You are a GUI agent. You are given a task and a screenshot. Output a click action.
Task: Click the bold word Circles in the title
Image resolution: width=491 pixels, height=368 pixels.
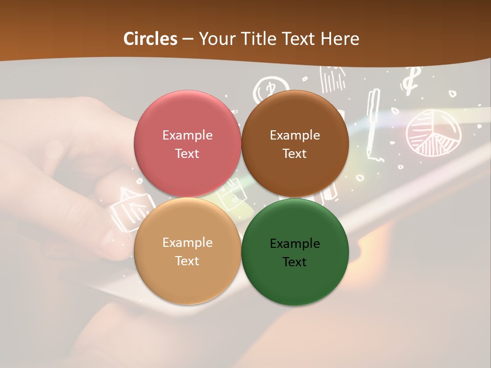[150, 39]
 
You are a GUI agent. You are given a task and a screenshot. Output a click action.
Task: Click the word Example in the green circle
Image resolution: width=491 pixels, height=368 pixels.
[295, 244]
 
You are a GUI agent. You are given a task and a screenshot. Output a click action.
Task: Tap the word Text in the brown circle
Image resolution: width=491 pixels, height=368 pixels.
[295, 154]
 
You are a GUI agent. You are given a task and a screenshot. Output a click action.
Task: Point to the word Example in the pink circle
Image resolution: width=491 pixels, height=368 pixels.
[187, 135]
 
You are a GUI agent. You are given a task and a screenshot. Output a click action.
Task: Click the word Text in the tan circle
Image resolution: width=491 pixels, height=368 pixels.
[187, 261]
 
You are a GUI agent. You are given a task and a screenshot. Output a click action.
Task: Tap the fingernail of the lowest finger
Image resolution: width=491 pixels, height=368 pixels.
[109, 245]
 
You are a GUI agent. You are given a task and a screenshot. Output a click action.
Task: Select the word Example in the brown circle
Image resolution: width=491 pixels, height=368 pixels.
[295, 135]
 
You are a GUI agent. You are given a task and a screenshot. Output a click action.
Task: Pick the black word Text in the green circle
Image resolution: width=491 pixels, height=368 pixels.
[295, 262]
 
